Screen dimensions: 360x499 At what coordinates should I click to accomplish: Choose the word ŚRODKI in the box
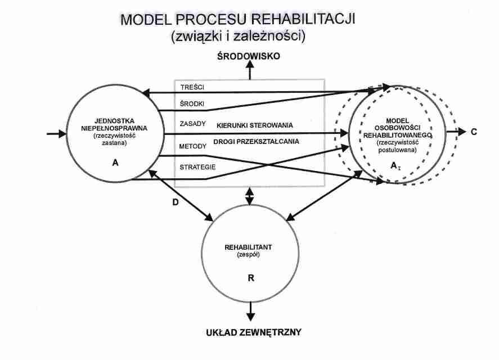[x=192, y=104]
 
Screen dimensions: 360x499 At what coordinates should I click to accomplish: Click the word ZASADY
[x=192, y=124]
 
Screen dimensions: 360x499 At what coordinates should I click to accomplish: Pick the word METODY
[x=192, y=146]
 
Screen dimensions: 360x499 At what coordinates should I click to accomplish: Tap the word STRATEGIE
[x=196, y=166]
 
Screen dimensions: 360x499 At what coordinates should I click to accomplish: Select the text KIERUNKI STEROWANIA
[x=253, y=124]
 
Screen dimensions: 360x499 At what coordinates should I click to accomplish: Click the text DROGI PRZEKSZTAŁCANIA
[x=257, y=142]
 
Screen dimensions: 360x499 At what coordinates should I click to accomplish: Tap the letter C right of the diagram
[x=474, y=132]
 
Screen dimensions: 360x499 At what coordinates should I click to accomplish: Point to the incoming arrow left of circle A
[x=56, y=134]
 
